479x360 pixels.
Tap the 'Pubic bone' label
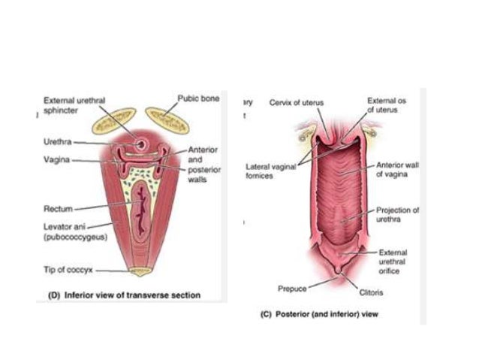(198, 98)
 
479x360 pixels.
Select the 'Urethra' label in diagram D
(56, 142)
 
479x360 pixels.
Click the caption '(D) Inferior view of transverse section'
(120, 295)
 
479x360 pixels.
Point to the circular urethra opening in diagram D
(140, 142)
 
